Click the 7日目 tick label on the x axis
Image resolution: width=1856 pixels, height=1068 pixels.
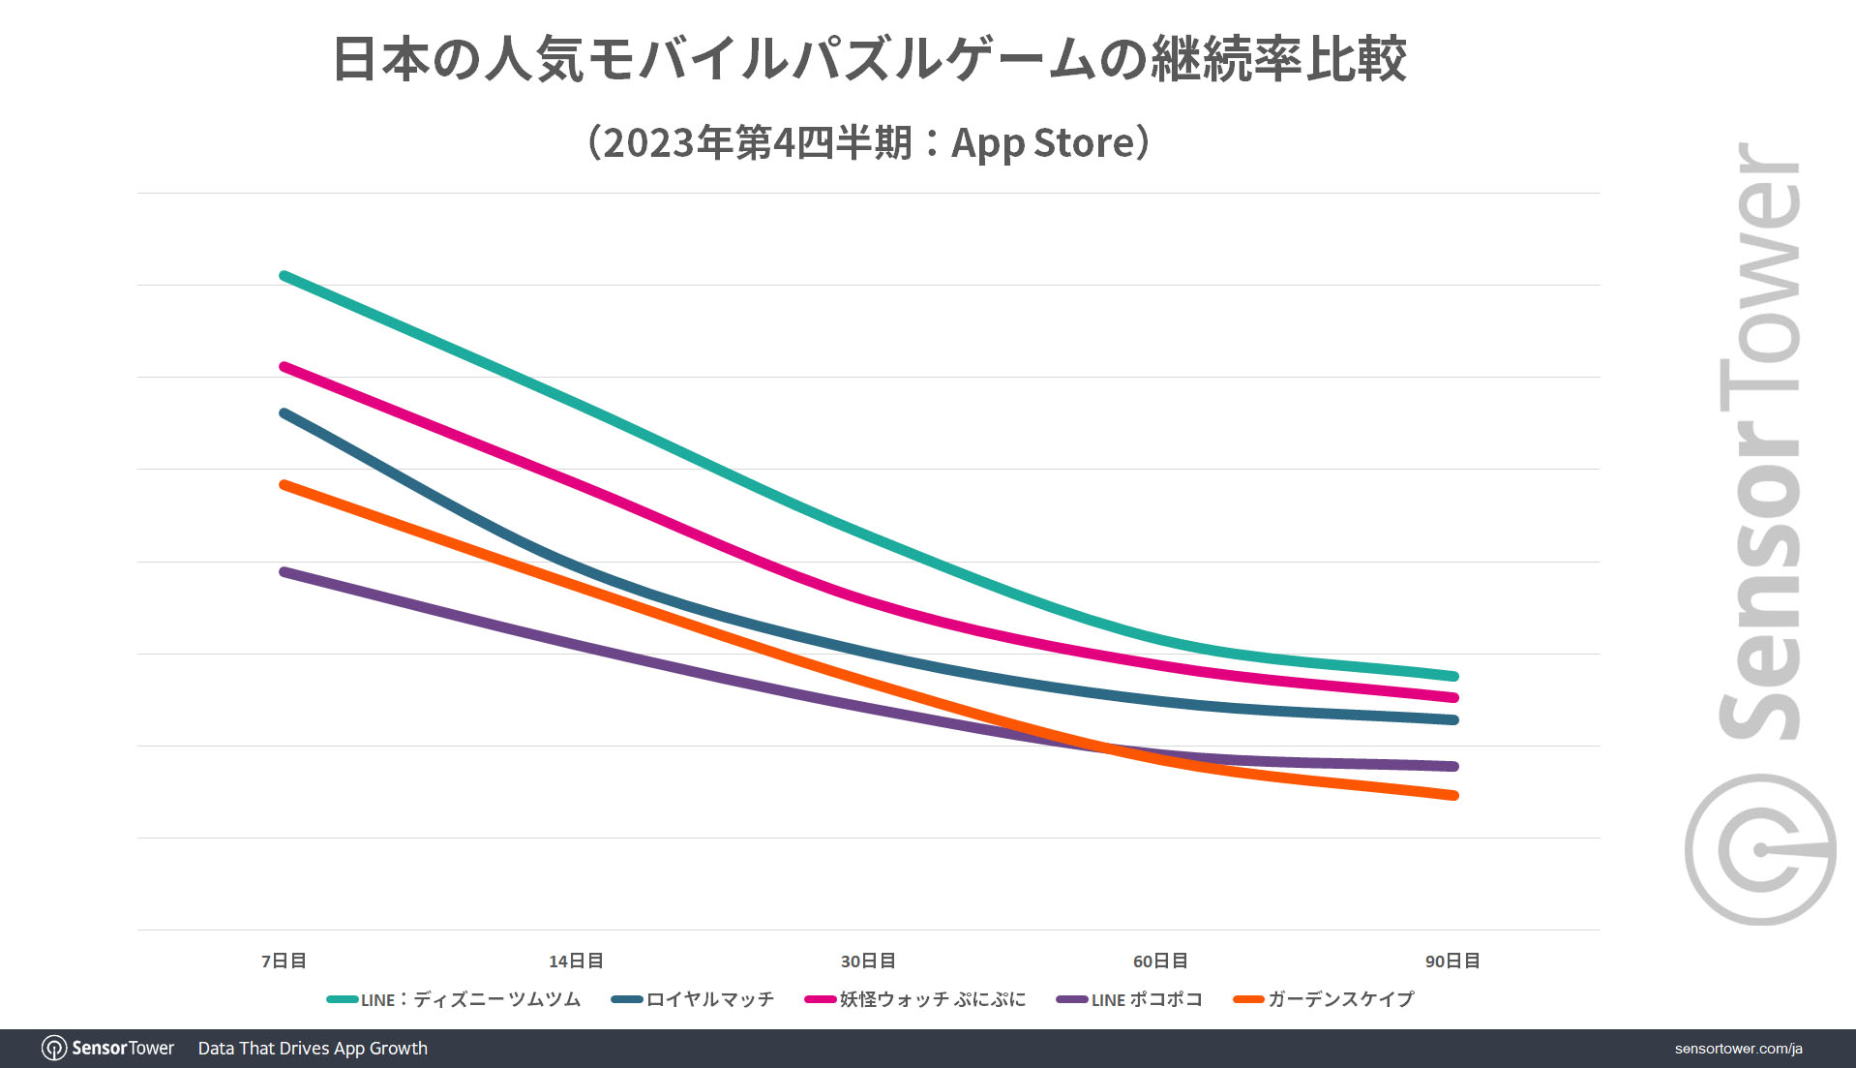[x=284, y=961]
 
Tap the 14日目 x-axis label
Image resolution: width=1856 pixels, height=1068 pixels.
[x=576, y=961]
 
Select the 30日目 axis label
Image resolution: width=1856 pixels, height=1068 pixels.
[x=868, y=961]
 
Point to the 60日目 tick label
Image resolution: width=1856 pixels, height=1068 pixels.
[x=1160, y=961]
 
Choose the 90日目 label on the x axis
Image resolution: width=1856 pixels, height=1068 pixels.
[x=1452, y=961]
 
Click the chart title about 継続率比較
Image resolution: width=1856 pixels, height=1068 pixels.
[x=869, y=59]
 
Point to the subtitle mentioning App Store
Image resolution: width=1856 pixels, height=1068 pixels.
[x=869, y=142]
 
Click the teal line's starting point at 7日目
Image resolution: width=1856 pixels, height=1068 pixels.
[x=284, y=276]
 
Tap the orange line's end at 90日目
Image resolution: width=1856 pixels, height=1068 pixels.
[x=1453, y=795]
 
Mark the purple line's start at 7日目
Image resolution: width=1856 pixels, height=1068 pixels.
[x=284, y=572]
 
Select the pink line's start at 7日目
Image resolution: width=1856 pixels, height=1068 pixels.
[x=284, y=367]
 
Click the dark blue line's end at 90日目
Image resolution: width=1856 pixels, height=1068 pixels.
[x=1453, y=719]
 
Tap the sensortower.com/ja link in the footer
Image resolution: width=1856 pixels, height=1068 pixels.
[x=1738, y=1049]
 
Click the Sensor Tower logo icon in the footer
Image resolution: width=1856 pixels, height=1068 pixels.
[x=54, y=1048]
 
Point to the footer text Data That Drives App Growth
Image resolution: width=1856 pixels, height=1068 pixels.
[x=313, y=1048]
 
